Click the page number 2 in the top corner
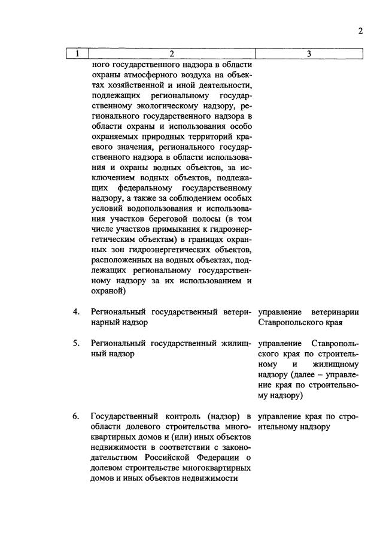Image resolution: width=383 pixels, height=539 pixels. click(360, 31)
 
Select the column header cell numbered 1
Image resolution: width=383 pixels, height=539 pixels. click(77, 54)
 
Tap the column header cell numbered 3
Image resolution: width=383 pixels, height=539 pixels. click(309, 54)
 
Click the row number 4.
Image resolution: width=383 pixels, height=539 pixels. click(77, 312)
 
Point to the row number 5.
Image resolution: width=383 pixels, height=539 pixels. click(77, 344)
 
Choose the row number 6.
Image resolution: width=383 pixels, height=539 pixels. click(77, 416)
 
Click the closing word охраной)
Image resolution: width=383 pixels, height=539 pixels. click(108, 292)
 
